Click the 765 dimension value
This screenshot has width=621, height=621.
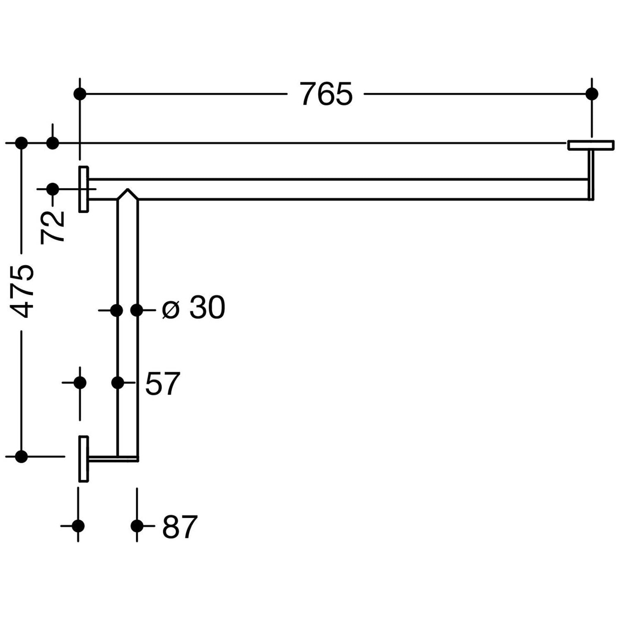(326, 94)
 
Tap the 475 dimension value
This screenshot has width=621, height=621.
(22, 291)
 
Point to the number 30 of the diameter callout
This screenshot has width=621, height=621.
(207, 308)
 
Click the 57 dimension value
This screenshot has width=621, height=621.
(163, 383)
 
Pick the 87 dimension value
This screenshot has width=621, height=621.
(180, 527)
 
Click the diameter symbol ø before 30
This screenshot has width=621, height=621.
(171, 309)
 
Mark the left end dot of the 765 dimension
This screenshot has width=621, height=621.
(80, 94)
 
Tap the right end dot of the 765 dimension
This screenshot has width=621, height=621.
(592, 94)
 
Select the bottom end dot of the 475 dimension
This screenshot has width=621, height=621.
(22, 457)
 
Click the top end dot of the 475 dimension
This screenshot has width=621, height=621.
(22, 143)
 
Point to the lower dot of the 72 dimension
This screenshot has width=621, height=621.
(53, 189)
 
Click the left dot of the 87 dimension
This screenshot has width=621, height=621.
(78, 526)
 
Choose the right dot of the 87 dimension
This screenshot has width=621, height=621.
(137, 526)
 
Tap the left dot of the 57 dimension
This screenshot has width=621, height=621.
(80, 383)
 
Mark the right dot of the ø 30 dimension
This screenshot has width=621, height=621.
(137, 310)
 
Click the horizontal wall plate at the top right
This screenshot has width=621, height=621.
(591, 145)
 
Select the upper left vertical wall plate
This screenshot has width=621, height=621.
(84, 189)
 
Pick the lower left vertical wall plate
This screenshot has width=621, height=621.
(84, 459)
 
